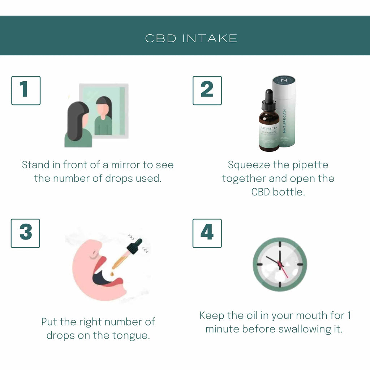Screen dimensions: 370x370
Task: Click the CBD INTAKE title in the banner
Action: pyautogui.click(x=191, y=38)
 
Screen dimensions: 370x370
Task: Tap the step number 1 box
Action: pyautogui.click(x=26, y=90)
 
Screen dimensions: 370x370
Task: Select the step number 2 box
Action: pyautogui.click(x=207, y=90)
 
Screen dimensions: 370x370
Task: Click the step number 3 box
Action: pyautogui.click(x=25, y=233)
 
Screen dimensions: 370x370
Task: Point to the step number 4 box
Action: pyautogui.click(x=207, y=233)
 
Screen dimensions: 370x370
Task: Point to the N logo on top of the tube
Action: pyautogui.click(x=284, y=80)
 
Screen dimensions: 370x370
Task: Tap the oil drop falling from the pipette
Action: pyautogui.click(x=112, y=274)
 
